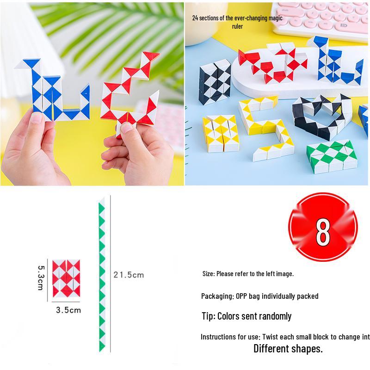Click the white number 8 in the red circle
point(323,232)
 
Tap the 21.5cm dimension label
point(129,275)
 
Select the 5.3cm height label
point(41,278)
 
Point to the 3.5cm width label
point(68,310)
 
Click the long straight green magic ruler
point(102,275)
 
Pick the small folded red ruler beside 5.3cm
point(66,278)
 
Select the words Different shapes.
point(288,349)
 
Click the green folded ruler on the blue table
point(332,156)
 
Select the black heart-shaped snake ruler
point(321,116)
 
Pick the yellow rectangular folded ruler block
point(221,133)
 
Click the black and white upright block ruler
point(215,82)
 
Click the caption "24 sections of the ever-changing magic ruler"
point(237,22)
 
